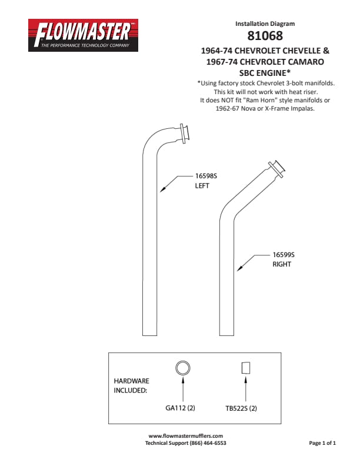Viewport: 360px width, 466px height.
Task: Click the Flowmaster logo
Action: pos(83,35)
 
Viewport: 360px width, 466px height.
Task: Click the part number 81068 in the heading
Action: pos(265,36)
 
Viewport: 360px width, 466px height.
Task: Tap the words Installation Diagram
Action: pos(265,24)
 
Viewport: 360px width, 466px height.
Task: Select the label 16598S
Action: pos(206,176)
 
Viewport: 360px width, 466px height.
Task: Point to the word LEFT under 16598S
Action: pos(202,186)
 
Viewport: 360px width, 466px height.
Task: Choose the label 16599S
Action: pos(284,255)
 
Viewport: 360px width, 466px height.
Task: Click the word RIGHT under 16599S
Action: pos(282,264)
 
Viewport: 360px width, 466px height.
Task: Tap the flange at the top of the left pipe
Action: pos(185,134)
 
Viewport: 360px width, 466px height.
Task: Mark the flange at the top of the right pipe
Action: pos(277,169)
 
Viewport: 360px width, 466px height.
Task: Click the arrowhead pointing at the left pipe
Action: pos(162,189)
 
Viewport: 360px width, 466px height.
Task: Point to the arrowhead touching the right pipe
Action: pos(239,268)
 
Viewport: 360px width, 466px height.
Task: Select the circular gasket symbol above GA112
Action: pos(183,368)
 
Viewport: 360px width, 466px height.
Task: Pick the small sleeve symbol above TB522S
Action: pos(246,368)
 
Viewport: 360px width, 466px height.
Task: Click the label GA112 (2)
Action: pos(180,408)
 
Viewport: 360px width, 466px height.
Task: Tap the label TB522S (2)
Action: pos(241,408)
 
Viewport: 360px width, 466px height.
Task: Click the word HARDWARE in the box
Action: pos(131,381)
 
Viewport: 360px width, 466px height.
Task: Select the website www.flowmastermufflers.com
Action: pos(186,435)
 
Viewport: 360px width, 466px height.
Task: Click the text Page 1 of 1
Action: pos(322,443)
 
